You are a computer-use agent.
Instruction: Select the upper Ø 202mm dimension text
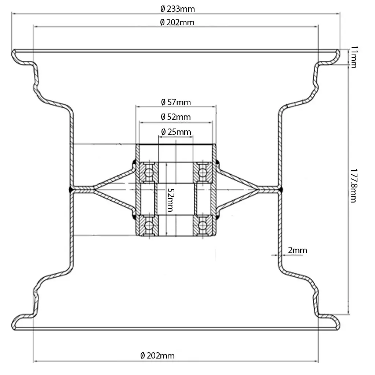(x=177, y=23)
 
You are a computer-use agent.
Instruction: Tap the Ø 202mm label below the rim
(x=157, y=356)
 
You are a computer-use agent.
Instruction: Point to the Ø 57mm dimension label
(x=176, y=102)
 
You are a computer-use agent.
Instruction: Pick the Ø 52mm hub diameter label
(x=176, y=117)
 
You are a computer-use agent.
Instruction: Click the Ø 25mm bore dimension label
(x=176, y=131)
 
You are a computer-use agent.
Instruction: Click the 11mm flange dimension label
(x=353, y=57)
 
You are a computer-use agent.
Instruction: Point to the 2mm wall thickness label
(x=297, y=250)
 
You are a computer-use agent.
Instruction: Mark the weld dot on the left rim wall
(x=70, y=189)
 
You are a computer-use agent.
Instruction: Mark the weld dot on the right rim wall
(x=281, y=189)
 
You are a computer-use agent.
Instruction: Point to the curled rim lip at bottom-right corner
(x=337, y=322)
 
